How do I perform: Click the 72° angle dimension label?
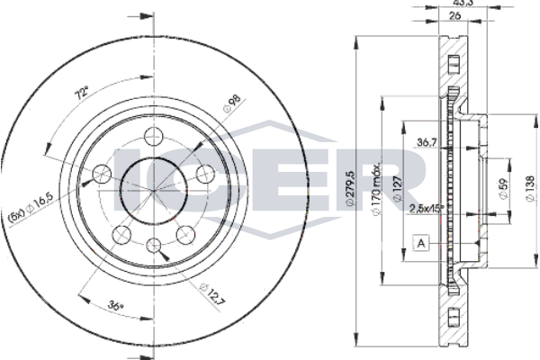pos(83,93)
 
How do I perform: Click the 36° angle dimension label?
pos(115,305)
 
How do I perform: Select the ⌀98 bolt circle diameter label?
pos(231,104)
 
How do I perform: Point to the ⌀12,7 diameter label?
pos(212,293)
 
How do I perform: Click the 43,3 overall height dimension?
pos(463,3)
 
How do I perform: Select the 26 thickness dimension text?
pos(454,15)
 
